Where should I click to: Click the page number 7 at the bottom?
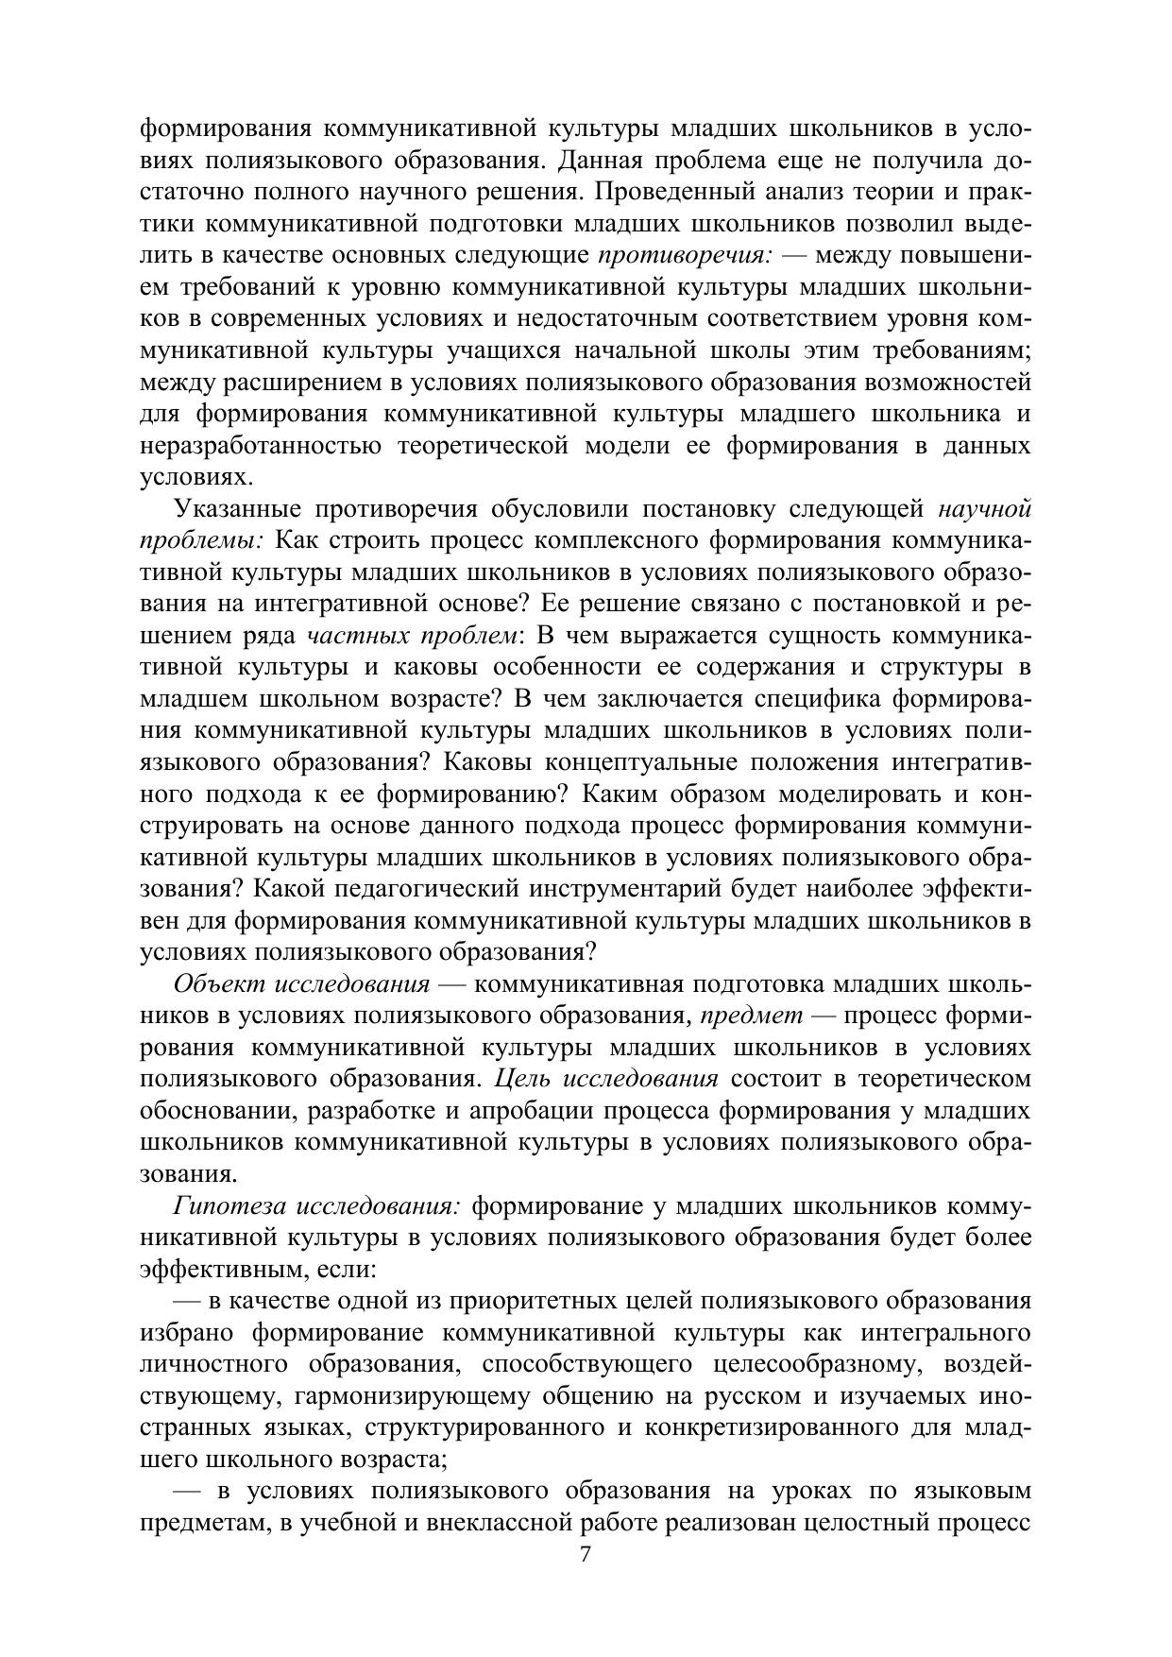pos(586,1554)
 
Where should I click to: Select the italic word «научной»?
pos(984,509)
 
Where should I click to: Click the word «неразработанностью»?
pos(261,446)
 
